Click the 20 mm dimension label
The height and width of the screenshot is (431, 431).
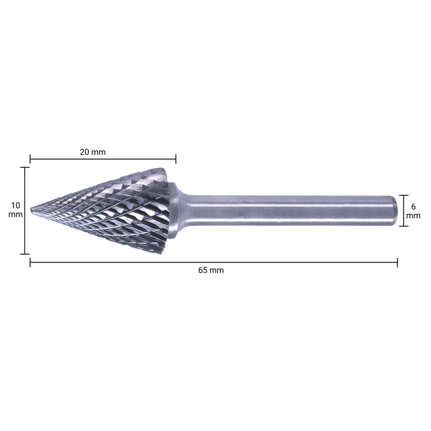[93, 152]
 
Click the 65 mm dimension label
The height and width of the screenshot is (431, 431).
[211, 270]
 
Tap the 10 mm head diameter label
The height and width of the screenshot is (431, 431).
[16, 210]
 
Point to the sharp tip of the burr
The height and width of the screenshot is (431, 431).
[31, 209]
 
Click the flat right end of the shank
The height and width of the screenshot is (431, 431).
[394, 211]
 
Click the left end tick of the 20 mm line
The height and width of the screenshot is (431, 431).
[30, 159]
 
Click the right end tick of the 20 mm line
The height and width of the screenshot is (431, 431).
[176, 159]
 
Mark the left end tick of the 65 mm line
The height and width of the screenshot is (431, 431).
[30, 262]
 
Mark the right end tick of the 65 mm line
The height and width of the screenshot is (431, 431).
[397, 262]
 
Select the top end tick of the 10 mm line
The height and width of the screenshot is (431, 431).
[25, 167]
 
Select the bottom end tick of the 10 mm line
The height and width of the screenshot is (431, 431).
[25, 254]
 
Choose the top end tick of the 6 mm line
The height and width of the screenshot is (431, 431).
[403, 195]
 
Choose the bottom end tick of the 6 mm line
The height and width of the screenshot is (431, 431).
[403, 226]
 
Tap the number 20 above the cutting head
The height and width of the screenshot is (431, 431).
[85, 152]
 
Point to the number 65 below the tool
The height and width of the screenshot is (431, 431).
[203, 270]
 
